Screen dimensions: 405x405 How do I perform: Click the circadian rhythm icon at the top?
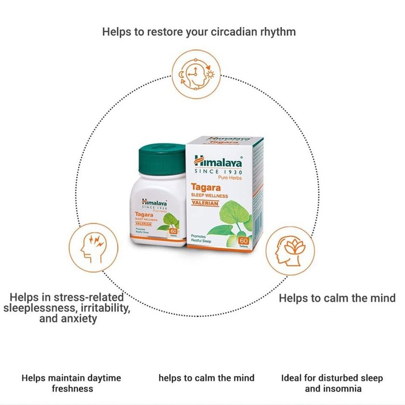tap(195, 71)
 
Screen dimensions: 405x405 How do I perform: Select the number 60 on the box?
tap(243, 240)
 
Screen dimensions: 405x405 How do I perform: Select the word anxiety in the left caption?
tap(80, 319)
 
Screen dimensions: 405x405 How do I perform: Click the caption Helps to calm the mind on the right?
tap(337, 297)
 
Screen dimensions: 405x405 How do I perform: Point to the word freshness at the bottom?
tap(71, 388)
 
